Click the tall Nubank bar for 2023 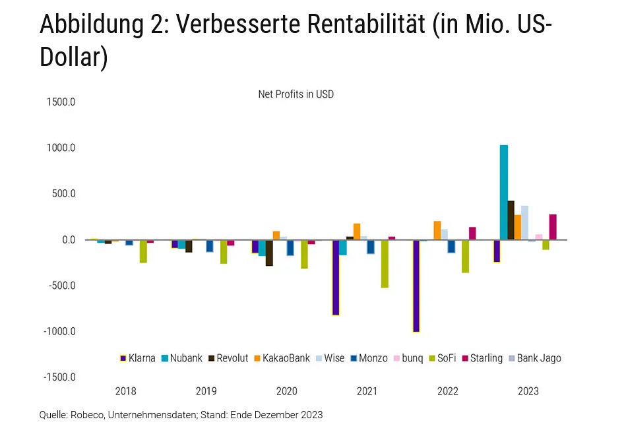pos(504,192)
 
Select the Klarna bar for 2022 pos(416,286)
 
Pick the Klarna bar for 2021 pos(336,277)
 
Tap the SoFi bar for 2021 pos(385,263)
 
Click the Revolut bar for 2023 pos(511,220)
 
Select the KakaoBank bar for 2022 pos(437,230)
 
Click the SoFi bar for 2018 pos(143,251)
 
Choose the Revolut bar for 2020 pos(269,253)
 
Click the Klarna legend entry pos(137,358)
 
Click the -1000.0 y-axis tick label pos(59,331)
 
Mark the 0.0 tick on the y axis pos(69,239)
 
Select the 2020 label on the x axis pos(286,391)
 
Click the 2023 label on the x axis pos(528,391)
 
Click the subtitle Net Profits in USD pos(296,94)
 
